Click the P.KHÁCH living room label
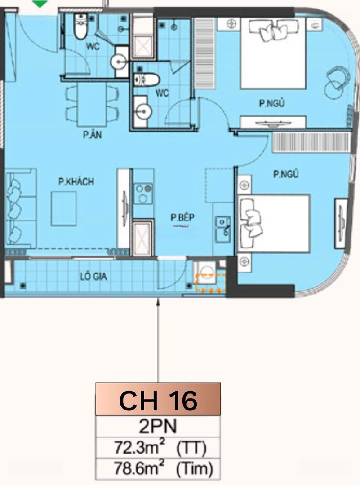pos(76,181)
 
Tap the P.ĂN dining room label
pos(92,135)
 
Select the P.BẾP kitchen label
pos(182,217)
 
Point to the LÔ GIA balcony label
pos(93,276)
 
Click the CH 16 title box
pos(158,399)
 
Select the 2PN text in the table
pos(158,427)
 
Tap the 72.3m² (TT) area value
pos(160,448)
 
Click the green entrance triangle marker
pos(40,4)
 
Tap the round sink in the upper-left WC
pos(119,62)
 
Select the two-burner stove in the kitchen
pos(143,193)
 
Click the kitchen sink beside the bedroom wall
pos(223,229)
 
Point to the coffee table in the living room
pos(64,209)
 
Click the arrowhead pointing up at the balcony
pos(158,301)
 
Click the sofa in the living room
pos(21,208)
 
